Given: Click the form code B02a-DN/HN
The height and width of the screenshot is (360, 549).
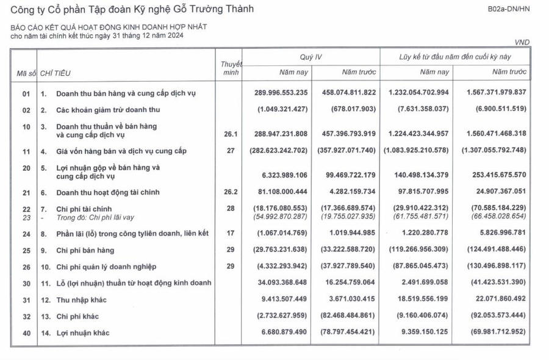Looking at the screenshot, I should pyautogui.click(x=508, y=10).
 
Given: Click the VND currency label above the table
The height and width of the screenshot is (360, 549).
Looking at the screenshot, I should pyautogui.click(x=522, y=42).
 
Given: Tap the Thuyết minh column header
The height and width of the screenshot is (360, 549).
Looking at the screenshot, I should pyautogui.click(x=231, y=68).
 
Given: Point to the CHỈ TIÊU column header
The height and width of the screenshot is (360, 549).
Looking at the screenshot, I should pyautogui.click(x=56, y=73).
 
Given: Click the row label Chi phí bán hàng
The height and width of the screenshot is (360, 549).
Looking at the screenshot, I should pyautogui.click(x=85, y=250).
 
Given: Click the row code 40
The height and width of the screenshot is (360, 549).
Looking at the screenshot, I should pyautogui.click(x=26, y=333).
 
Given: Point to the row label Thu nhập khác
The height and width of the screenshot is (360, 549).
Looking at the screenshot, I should pyautogui.click(x=82, y=300).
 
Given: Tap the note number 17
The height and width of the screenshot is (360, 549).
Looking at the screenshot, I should pyautogui.click(x=231, y=233).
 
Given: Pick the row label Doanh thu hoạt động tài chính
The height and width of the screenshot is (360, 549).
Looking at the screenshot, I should pyautogui.click(x=108, y=192).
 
